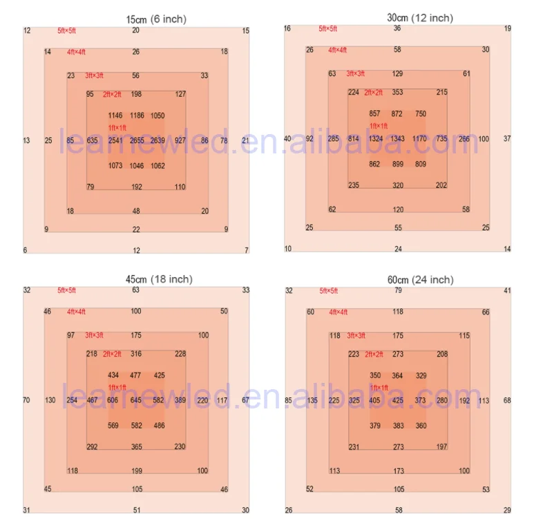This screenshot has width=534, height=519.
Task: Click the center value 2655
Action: point(137,140)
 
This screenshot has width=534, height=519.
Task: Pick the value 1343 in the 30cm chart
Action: point(398,139)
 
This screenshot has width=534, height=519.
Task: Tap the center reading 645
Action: point(137,400)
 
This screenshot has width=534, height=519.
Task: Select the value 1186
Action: point(137,115)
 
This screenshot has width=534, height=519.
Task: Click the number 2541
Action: point(115,140)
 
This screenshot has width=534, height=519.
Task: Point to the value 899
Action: point(398,164)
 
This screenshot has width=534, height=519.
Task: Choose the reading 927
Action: point(180,140)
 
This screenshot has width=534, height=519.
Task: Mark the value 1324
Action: point(376,139)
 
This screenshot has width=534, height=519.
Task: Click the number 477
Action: point(136,375)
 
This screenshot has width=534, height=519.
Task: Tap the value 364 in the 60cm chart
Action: point(398,375)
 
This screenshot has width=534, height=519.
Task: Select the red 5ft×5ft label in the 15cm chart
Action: point(71,31)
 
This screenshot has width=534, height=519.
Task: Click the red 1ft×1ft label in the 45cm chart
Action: point(117,388)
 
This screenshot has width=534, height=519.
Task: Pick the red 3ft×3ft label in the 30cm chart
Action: point(356,73)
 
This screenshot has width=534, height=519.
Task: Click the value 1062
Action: point(158,166)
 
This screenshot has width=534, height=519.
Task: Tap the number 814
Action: point(354,139)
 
